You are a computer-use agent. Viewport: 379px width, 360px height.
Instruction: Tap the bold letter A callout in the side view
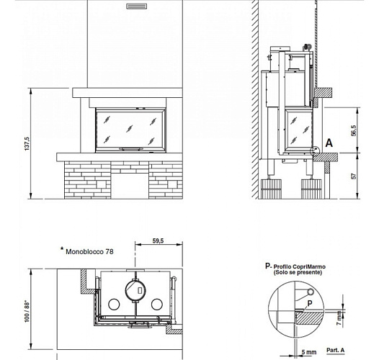[329, 143]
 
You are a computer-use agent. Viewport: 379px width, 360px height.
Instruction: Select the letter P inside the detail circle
[309, 304]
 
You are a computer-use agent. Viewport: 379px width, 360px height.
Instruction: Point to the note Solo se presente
[295, 274]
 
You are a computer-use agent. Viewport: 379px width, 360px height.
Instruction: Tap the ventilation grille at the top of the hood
[135, 7]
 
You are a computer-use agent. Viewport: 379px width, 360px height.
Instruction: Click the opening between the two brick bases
[130, 184]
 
